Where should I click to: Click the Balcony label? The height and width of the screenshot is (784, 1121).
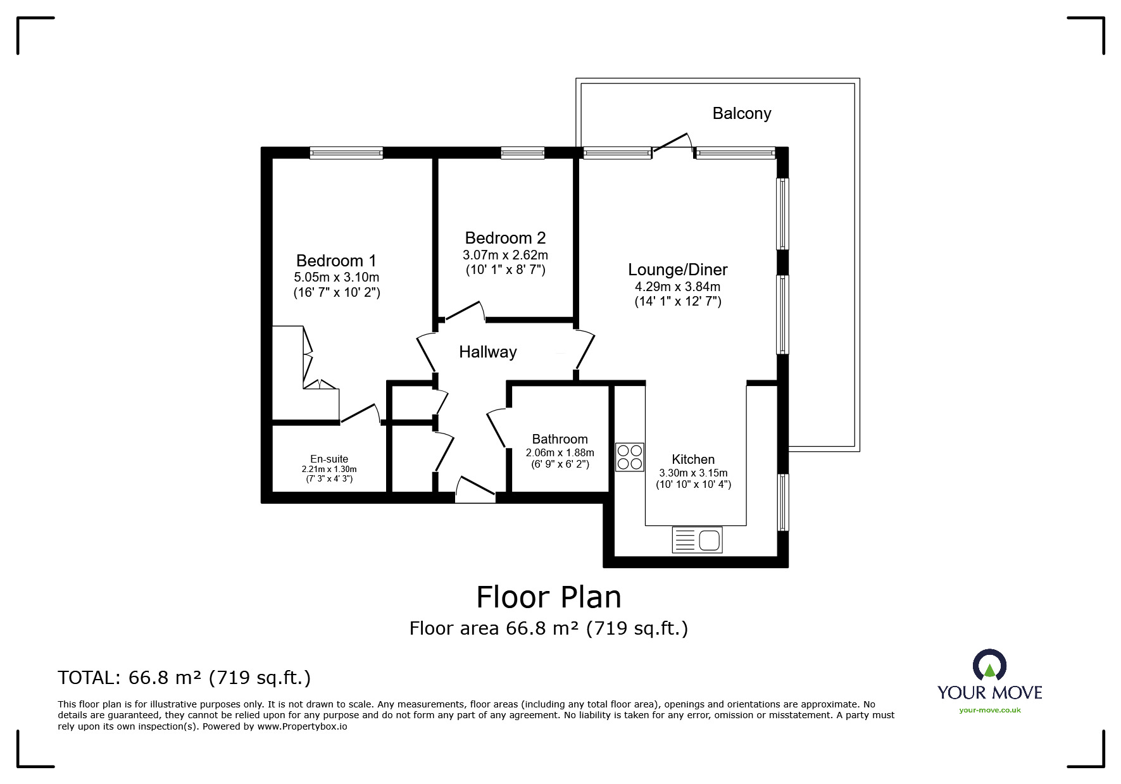point(741,113)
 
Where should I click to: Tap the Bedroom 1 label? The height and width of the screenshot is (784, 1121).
point(336,261)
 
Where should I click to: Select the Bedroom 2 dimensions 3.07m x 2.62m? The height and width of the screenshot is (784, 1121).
point(505,256)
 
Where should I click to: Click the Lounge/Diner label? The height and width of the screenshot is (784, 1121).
point(677,270)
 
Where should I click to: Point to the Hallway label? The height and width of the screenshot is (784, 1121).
point(487,352)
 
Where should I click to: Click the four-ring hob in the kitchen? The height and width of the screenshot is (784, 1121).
point(629,457)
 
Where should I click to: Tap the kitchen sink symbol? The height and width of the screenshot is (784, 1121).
point(697,540)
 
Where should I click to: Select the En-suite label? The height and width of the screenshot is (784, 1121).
point(329,459)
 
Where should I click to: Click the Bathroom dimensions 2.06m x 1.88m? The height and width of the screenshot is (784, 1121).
point(560,452)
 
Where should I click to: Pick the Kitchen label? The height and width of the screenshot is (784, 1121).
point(693,459)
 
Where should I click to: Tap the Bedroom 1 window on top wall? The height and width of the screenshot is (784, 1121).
point(346,152)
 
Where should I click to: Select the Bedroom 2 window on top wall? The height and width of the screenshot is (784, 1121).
point(522,152)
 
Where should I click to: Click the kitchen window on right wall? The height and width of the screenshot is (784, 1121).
point(784,502)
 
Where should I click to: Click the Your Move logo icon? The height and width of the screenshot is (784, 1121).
point(989,665)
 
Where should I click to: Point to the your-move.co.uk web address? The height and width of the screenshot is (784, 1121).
point(989,710)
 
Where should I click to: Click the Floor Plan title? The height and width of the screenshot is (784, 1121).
point(548,597)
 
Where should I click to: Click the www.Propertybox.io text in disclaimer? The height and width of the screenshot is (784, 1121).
point(302,726)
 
